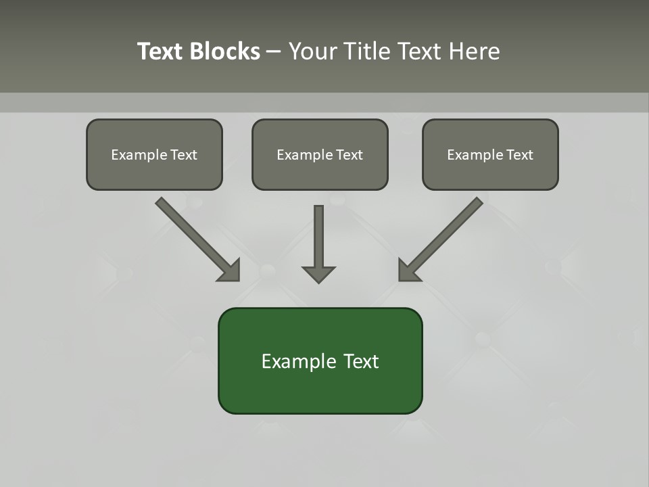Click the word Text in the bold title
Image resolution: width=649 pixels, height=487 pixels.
pyautogui.click(x=160, y=51)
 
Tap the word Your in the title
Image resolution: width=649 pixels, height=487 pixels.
pyautogui.click(x=312, y=51)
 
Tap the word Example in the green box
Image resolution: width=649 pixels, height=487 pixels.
pyautogui.click(x=298, y=362)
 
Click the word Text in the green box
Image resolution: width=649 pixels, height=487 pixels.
pyautogui.click(x=361, y=361)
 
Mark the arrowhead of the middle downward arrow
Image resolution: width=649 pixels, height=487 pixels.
pyautogui.click(x=318, y=274)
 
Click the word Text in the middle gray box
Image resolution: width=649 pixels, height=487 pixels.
pyautogui.click(x=349, y=155)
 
